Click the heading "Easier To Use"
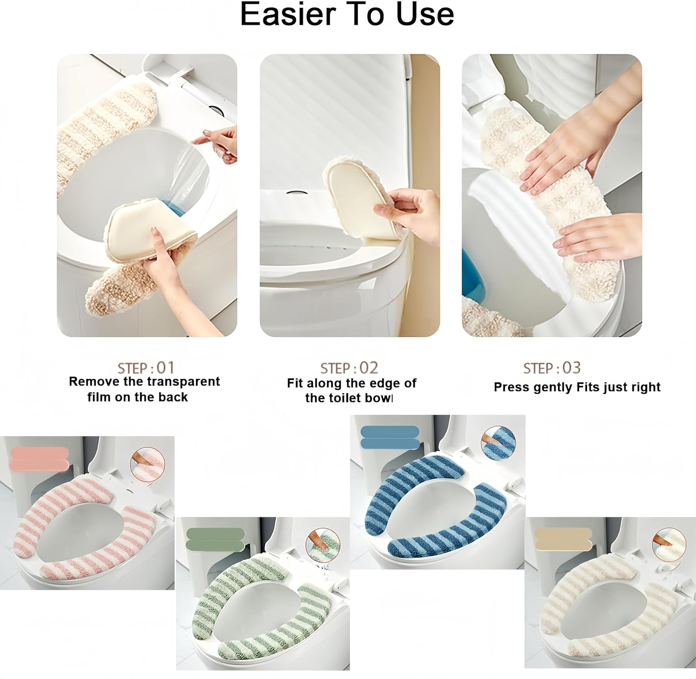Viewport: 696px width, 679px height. point(347,14)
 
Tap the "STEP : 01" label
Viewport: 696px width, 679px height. point(146,368)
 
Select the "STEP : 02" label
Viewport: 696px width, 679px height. point(349,368)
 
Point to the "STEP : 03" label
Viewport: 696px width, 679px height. point(552,368)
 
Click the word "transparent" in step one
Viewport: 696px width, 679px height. point(184,382)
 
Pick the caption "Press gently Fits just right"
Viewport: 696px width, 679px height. point(577,387)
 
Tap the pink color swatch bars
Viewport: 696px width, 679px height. point(39,458)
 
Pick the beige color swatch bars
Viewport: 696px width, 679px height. point(563,539)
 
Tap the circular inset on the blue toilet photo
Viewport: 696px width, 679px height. point(498,443)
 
